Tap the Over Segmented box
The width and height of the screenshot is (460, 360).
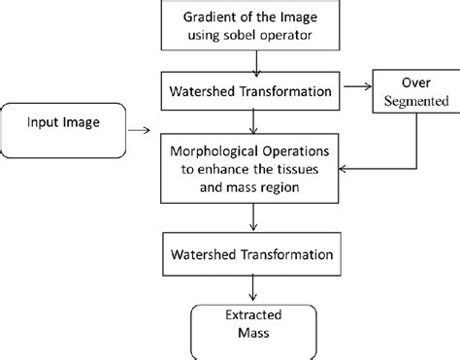[x=412, y=92]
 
